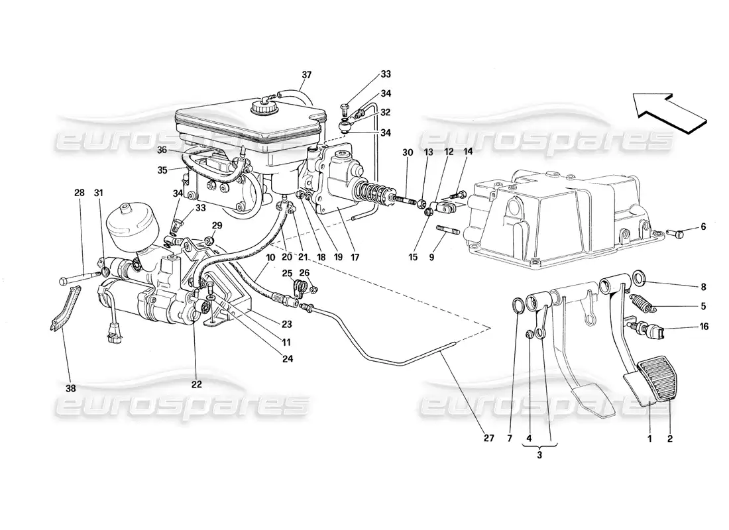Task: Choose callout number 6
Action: point(704,227)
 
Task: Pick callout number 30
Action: point(408,152)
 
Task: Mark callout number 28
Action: point(80,193)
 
